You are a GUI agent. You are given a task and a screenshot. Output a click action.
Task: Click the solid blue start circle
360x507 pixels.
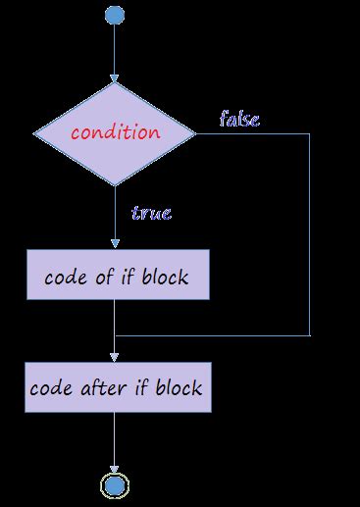click(115, 16)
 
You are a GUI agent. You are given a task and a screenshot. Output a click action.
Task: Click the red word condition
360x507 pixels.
click(114, 131)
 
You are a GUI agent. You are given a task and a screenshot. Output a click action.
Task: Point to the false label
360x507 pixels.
click(239, 120)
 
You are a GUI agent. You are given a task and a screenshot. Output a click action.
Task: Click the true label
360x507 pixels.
click(150, 211)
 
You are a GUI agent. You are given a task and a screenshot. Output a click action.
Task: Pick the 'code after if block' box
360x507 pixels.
click(116, 387)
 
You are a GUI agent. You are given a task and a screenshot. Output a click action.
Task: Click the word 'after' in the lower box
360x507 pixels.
click(99, 387)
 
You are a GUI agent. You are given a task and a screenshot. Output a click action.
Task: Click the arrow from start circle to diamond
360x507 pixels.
click(115, 54)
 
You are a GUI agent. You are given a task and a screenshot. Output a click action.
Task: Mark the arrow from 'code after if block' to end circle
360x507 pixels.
click(115, 441)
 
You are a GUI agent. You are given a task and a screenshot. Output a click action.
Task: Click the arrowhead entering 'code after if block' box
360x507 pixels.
click(115, 357)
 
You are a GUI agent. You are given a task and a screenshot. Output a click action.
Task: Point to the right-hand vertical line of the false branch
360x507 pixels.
click(310, 235)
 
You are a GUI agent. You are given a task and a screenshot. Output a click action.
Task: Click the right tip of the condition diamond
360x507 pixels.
click(193, 133)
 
